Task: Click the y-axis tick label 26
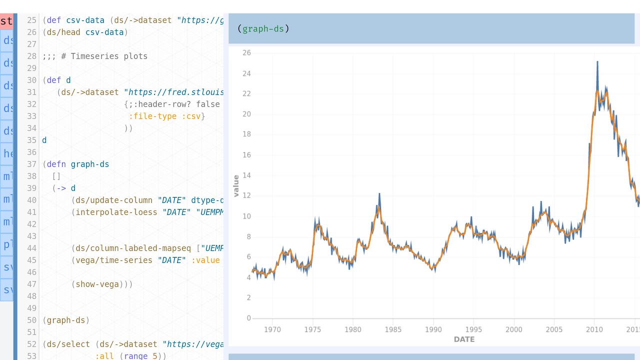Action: (x=246, y=53)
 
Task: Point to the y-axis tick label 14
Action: (x=246, y=175)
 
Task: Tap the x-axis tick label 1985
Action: (x=393, y=329)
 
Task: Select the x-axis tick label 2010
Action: (x=594, y=329)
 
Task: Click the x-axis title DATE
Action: (x=464, y=339)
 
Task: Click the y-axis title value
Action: (x=236, y=185)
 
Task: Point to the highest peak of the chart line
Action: (x=597, y=62)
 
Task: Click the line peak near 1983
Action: (x=379, y=194)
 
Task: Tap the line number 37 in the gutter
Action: (x=31, y=164)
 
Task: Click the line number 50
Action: (x=31, y=320)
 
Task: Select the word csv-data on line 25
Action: (x=85, y=20)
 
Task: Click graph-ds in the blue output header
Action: (x=263, y=29)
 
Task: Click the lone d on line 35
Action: (x=44, y=140)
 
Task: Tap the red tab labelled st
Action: (x=6, y=21)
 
